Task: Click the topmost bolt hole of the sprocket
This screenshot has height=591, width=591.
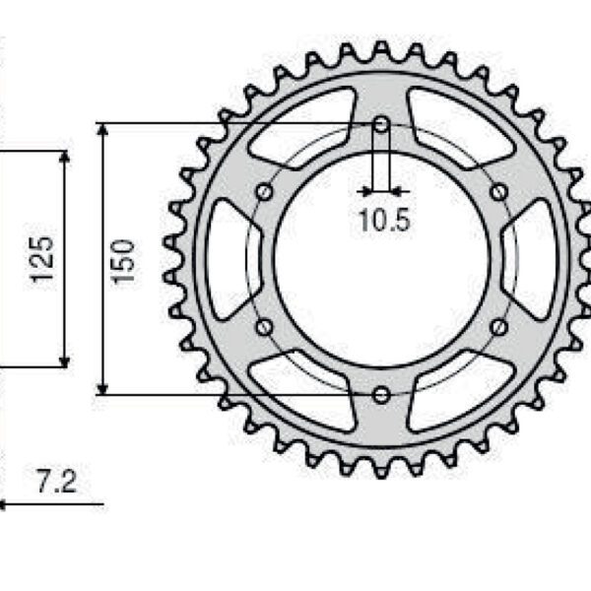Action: click(381, 124)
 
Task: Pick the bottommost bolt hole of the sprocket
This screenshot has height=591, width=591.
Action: click(381, 395)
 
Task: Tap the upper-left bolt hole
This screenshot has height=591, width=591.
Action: click(263, 191)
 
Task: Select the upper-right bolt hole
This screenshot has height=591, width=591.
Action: click(498, 191)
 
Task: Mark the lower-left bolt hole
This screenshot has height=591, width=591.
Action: click(263, 327)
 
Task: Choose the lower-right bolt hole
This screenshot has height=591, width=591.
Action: click(498, 327)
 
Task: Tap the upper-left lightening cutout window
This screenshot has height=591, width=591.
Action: click(300, 128)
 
